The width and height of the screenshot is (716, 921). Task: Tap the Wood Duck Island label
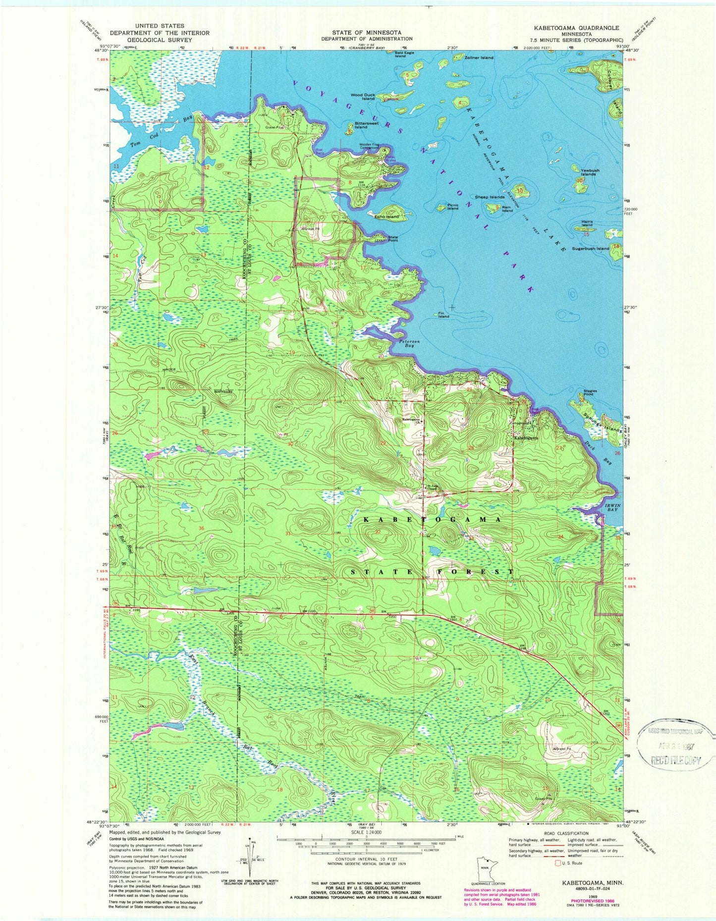(x=363, y=97)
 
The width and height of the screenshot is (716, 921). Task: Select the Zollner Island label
(x=479, y=58)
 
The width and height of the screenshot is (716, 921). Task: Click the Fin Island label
(x=443, y=315)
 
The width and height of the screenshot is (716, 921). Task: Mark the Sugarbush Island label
(x=590, y=248)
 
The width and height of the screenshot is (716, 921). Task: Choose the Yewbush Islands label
(x=590, y=172)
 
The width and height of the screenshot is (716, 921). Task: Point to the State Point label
(x=393, y=239)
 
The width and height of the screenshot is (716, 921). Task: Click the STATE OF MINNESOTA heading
(x=366, y=32)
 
